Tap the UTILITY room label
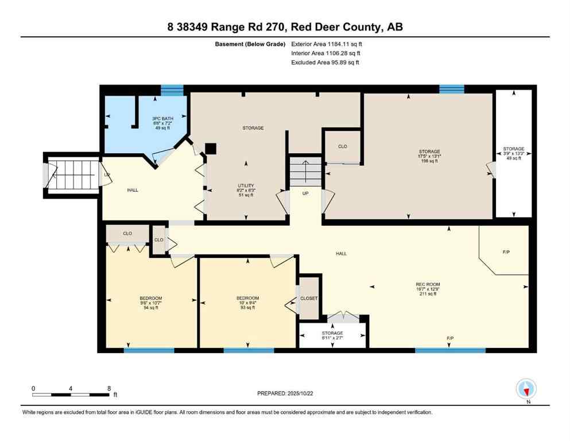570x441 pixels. [x=246, y=185]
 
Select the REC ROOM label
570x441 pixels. [x=428, y=284]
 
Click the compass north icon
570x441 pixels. [x=526, y=389]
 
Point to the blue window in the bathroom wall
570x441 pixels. [x=172, y=90]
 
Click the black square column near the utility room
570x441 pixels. [x=211, y=148]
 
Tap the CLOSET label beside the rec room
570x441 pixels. [x=309, y=299]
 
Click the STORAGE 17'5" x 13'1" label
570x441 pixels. [x=428, y=152]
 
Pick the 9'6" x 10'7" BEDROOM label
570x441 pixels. [x=151, y=298]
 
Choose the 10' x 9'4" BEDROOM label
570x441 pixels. [x=247, y=298]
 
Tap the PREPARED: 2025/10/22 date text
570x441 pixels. [x=285, y=393]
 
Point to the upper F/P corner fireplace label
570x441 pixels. [x=506, y=252]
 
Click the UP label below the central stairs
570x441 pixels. [x=305, y=194]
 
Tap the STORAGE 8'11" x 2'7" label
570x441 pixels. [x=332, y=333]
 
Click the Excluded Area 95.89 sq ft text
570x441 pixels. [x=325, y=62]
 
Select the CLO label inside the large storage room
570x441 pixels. [x=343, y=146]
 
